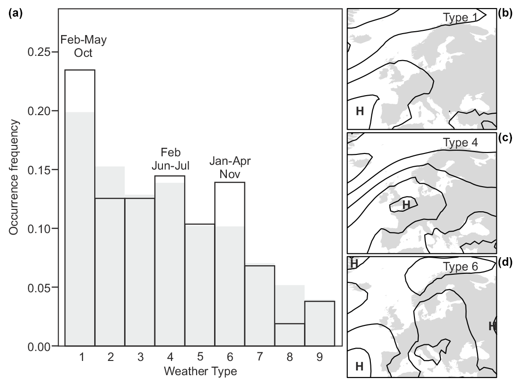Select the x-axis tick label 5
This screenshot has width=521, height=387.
[x=199, y=358]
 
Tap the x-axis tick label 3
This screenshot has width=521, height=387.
[x=140, y=358]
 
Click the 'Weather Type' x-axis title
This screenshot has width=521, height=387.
[x=200, y=371]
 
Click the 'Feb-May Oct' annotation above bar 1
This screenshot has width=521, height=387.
[x=83, y=46]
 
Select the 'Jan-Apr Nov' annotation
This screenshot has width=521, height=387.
[x=230, y=167]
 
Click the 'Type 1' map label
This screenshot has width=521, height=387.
[x=460, y=17]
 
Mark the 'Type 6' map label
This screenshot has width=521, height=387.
[x=460, y=266]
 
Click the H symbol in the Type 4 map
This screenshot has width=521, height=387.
[x=406, y=205]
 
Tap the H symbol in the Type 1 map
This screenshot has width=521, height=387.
[x=360, y=111]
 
